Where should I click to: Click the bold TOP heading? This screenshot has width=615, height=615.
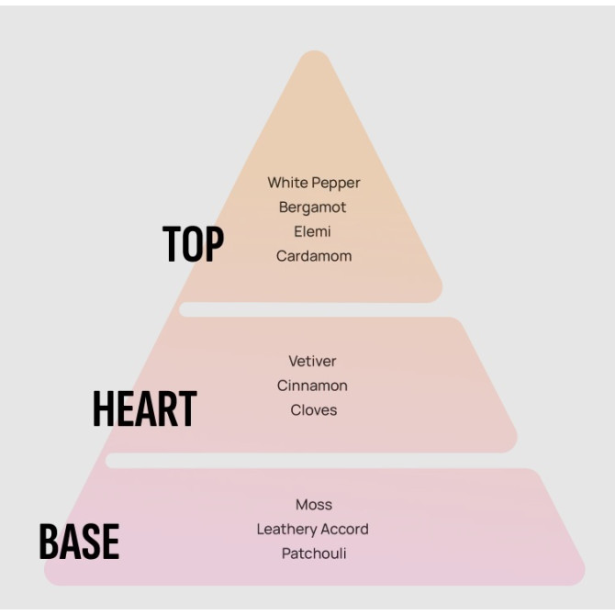tap(193, 244)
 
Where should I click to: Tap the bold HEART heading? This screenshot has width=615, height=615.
tap(144, 409)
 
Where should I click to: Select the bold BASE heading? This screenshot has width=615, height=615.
tap(79, 542)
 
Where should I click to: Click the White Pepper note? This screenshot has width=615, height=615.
tap(314, 184)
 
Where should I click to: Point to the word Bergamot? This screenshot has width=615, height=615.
tap(313, 207)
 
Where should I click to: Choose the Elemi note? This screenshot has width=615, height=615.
tap(313, 231)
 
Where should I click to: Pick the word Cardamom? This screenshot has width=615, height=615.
tap(314, 256)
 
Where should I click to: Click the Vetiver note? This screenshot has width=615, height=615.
tap(312, 362)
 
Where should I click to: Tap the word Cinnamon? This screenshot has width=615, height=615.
tap(312, 386)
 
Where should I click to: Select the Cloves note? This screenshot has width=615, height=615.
tap(314, 410)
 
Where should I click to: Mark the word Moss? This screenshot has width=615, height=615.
tap(314, 505)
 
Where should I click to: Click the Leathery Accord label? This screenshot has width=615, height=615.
tap(312, 530)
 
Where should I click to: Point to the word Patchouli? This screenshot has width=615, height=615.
tap(314, 553)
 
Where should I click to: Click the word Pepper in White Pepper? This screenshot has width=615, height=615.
tap(336, 184)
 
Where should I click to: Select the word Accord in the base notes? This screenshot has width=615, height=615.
tap(344, 530)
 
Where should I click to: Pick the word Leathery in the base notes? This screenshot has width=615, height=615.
tap(286, 530)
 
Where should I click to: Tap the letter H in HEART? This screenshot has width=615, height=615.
tap(103, 409)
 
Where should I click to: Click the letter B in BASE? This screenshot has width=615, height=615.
tap(48, 542)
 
